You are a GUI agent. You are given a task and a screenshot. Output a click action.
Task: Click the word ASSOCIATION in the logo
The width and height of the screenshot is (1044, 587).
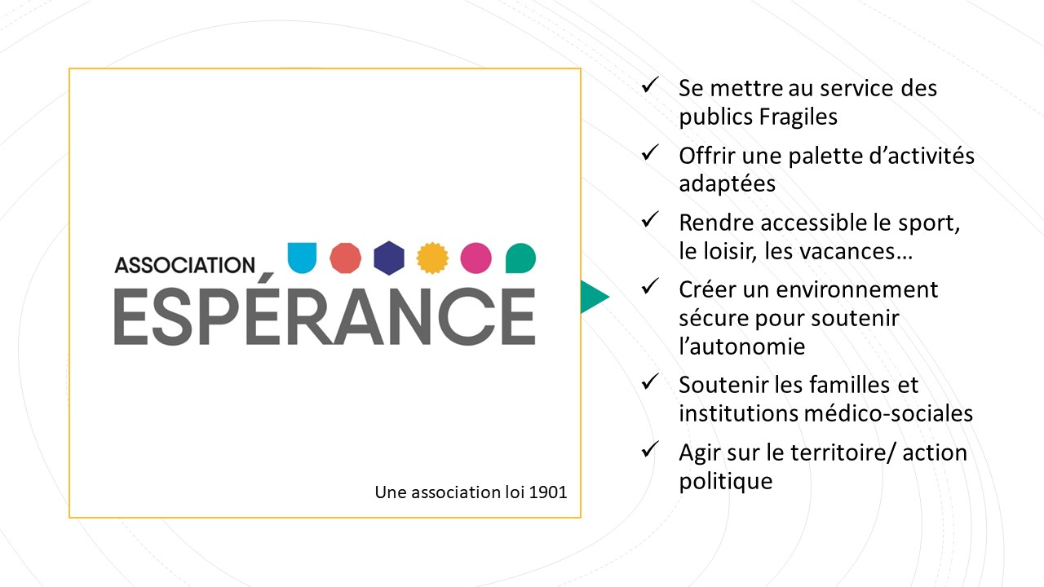click(x=185, y=265)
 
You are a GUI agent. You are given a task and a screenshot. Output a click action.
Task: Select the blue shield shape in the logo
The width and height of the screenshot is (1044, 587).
click(x=302, y=258)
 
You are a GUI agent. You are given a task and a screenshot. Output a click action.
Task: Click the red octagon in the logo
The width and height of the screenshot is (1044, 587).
click(x=345, y=258)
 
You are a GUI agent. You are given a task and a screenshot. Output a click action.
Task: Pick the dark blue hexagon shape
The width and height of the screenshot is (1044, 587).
click(x=389, y=258)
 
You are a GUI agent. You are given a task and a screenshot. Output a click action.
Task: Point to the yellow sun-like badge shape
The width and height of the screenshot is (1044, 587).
click(x=432, y=258)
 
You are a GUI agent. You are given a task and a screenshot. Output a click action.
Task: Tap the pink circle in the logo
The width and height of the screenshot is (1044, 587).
click(x=476, y=258)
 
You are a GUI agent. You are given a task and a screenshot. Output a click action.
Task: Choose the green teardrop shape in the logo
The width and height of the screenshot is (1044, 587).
click(x=520, y=258)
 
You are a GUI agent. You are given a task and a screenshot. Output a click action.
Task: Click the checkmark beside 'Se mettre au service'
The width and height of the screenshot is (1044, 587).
click(x=650, y=85)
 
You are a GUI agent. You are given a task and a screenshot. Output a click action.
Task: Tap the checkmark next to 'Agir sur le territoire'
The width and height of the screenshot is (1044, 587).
click(x=650, y=449)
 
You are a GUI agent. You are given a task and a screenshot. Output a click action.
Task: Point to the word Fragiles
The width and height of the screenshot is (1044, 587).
click(x=798, y=117)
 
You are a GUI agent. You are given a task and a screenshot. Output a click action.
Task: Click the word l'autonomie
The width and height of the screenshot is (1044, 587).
click(x=742, y=346)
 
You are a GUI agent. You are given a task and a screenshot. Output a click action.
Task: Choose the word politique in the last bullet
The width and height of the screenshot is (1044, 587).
click(x=726, y=481)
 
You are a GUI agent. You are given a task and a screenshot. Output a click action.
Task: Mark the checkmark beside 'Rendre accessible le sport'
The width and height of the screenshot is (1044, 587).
click(x=650, y=219)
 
